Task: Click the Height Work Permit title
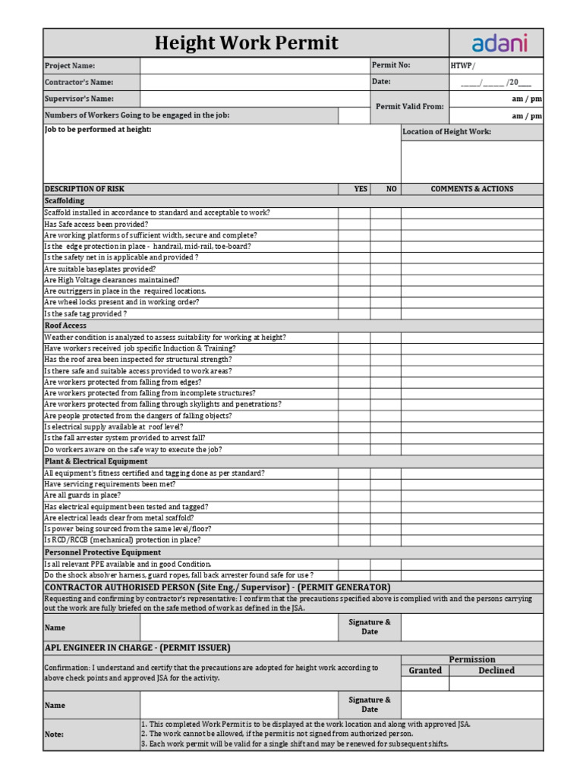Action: pos(246,43)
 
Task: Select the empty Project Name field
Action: pos(254,66)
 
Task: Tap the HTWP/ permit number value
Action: pos(464,66)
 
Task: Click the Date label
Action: pos(381,82)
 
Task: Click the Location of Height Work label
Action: pos(446,132)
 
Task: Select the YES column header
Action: pos(361,189)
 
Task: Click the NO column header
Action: pos(392,189)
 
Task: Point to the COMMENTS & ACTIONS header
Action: pos(471,189)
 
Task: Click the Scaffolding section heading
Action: pos(65,201)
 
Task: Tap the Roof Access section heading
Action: pos(65,326)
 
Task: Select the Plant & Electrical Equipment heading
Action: pos(96,461)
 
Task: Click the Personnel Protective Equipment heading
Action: pos(102,552)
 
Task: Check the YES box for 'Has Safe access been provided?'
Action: pos(354,225)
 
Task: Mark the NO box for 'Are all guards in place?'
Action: pos(386,495)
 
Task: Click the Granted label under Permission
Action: pos(425,671)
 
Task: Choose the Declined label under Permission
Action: pos(496,671)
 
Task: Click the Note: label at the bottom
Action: pos(54,735)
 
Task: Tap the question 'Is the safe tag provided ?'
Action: pos(85,313)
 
